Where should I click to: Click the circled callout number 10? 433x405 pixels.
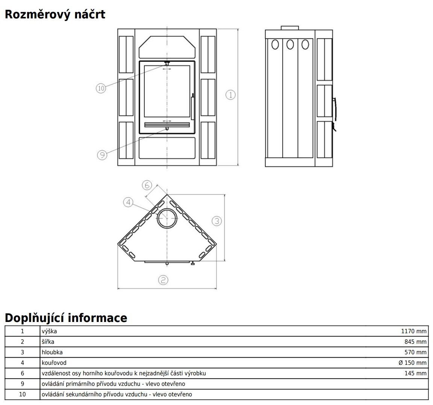coord(101,88)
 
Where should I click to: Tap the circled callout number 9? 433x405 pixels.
coord(102,155)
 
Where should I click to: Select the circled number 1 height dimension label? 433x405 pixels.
coord(230,95)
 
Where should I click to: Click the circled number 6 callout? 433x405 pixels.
coord(147,185)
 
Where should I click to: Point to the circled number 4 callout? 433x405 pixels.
coord(128,202)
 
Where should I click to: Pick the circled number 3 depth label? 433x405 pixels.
coord(217,221)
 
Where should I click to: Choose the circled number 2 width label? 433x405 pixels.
coord(163,280)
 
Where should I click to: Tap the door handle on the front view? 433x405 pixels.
coord(192,106)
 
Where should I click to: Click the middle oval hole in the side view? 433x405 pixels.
coord(290,44)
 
